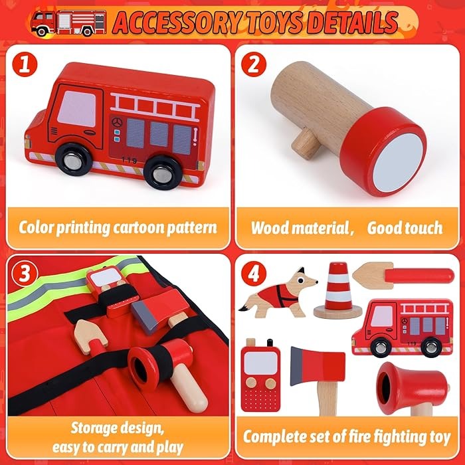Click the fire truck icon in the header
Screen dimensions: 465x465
tap(68, 22)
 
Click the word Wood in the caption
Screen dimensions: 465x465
tap(269, 228)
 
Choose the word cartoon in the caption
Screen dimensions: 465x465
tap(138, 228)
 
